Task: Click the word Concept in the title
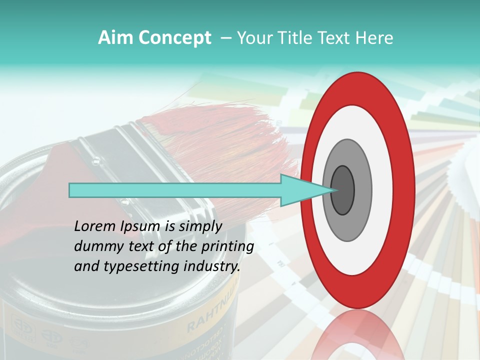[x=175, y=38]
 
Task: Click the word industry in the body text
[x=211, y=266]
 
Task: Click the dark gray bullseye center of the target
[x=343, y=190]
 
